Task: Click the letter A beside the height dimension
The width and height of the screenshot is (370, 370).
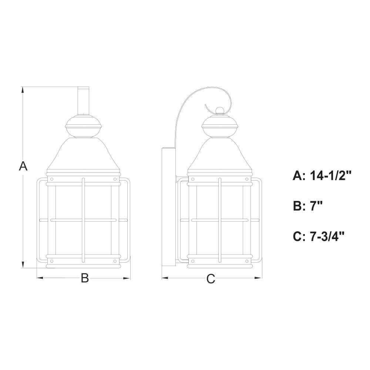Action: coord(23,166)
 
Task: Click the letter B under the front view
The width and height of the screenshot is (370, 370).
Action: coord(85,278)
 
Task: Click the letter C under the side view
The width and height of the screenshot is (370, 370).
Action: coord(211,279)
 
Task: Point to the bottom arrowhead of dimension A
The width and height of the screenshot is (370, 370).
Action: coord(23,265)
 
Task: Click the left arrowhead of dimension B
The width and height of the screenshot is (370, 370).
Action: coord(40,278)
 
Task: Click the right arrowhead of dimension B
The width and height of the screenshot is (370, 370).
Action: coord(127,278)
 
